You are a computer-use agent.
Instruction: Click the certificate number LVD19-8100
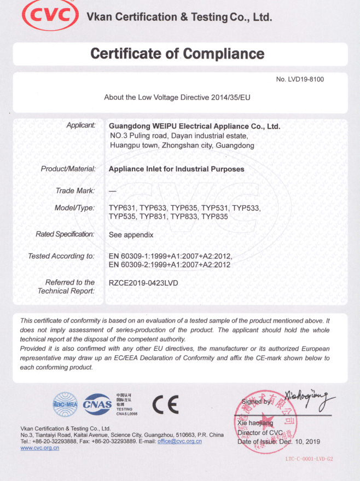pyautogui.click(x=306, y=79)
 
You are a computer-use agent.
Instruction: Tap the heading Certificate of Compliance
pyautogui.click(x=177, y=54)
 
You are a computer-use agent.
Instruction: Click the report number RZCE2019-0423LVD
pyautogui.click(x=143, y=283)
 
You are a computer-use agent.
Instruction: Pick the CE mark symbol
pyautogui.click(x=165, y=404)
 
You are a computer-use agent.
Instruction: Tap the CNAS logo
pyautogui.click(x=97, y=404)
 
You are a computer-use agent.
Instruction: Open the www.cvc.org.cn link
pyautogui.click(x=40, y=448)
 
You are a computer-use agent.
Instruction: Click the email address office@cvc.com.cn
pyautogui.click(x=179, y=441)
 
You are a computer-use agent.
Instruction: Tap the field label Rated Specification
pyautogui.click(x=65, y=234)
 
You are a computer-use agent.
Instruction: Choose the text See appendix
pyautogui.click(x=131, y=235)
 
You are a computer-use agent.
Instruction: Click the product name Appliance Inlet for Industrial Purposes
pyautogui.click(x=176, y=169)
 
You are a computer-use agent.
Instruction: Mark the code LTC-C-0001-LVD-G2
pyautogui.click(x=309, y=459)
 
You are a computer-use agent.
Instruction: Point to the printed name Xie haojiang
pyautogui.click(x=255, y=423)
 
